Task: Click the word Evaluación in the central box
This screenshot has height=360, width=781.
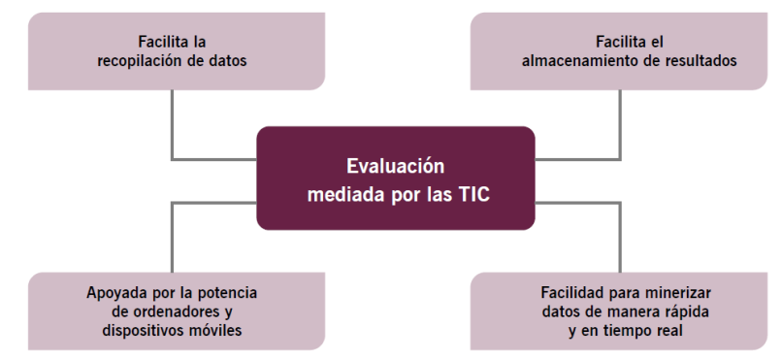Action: tap(395, 164)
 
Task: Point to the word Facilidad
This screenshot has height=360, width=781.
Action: tap(569, 293)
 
